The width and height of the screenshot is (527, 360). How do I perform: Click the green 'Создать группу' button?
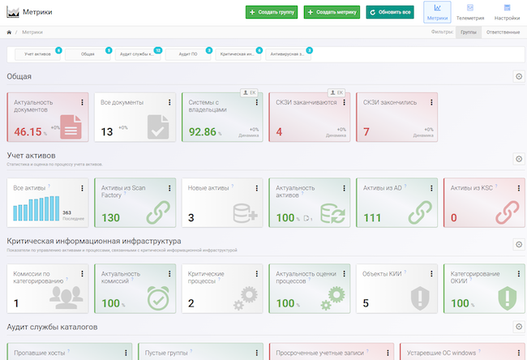(272, 12)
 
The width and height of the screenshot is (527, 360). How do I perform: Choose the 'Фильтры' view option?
(443, 32)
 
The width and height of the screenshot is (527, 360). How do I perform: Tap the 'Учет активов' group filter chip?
(37, 54)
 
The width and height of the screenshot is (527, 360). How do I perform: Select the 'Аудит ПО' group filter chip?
(188, 54)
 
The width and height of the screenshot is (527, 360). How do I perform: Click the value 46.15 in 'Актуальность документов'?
(28, 131)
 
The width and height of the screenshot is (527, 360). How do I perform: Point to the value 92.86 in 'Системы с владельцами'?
(203, 131)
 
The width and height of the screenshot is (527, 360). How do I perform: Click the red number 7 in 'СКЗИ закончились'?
(366, 131)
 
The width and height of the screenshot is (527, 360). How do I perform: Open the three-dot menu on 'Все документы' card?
(169, 103)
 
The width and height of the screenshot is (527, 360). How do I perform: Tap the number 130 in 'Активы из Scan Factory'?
(111, 217)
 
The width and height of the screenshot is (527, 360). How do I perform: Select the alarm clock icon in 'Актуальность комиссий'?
(158, 298)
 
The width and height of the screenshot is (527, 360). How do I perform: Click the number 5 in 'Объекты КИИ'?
(366, 303)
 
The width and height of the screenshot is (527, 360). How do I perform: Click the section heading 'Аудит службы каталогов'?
(52, 327)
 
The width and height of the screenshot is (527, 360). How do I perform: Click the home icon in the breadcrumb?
(8, 32)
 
